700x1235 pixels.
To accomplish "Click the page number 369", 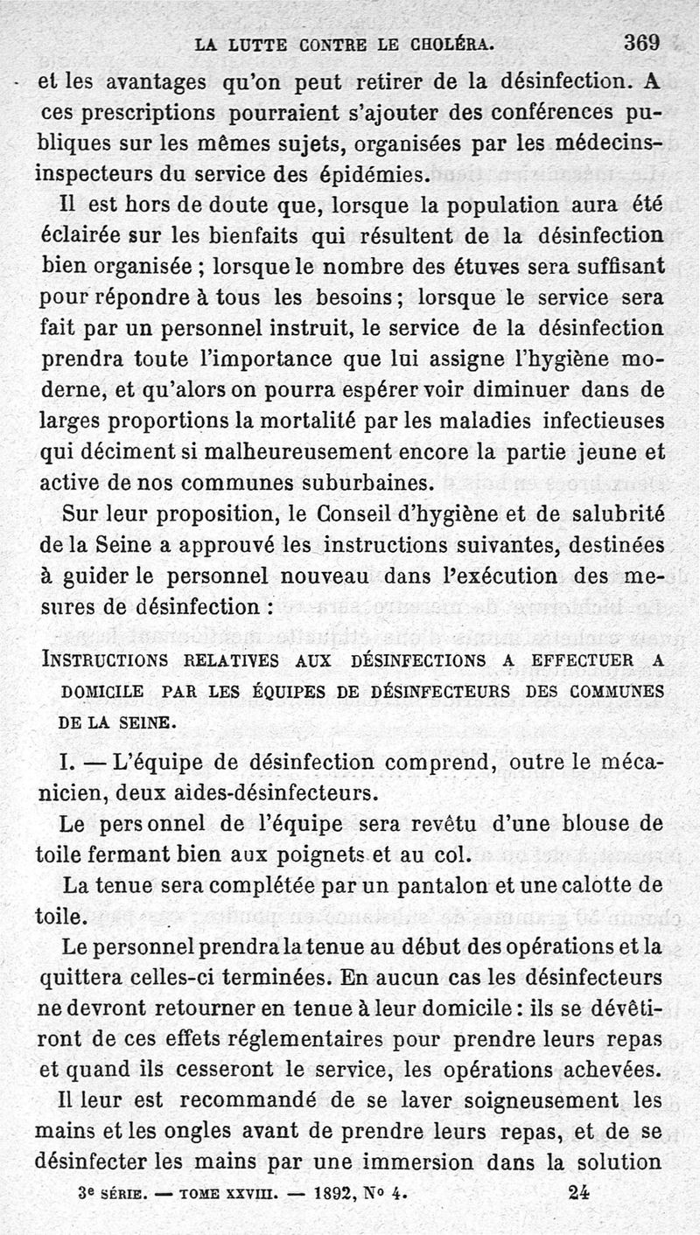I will pos(641,42).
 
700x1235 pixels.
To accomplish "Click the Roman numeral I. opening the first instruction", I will pos(67,761).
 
